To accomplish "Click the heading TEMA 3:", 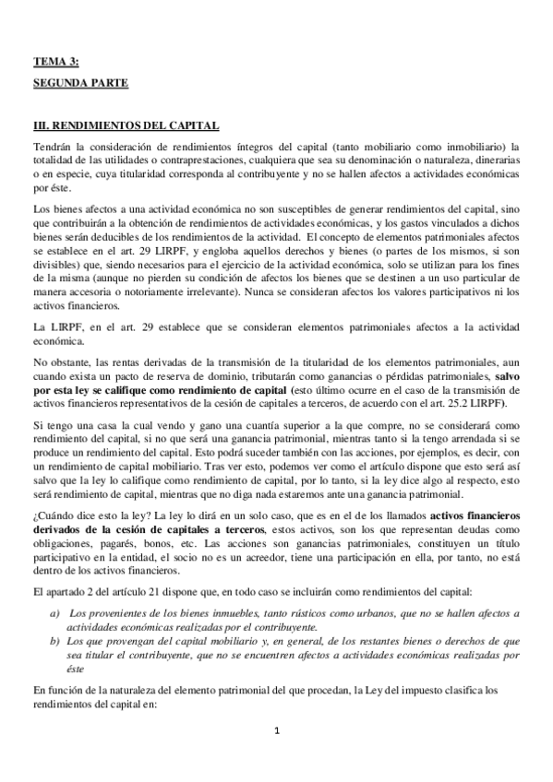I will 56,62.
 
